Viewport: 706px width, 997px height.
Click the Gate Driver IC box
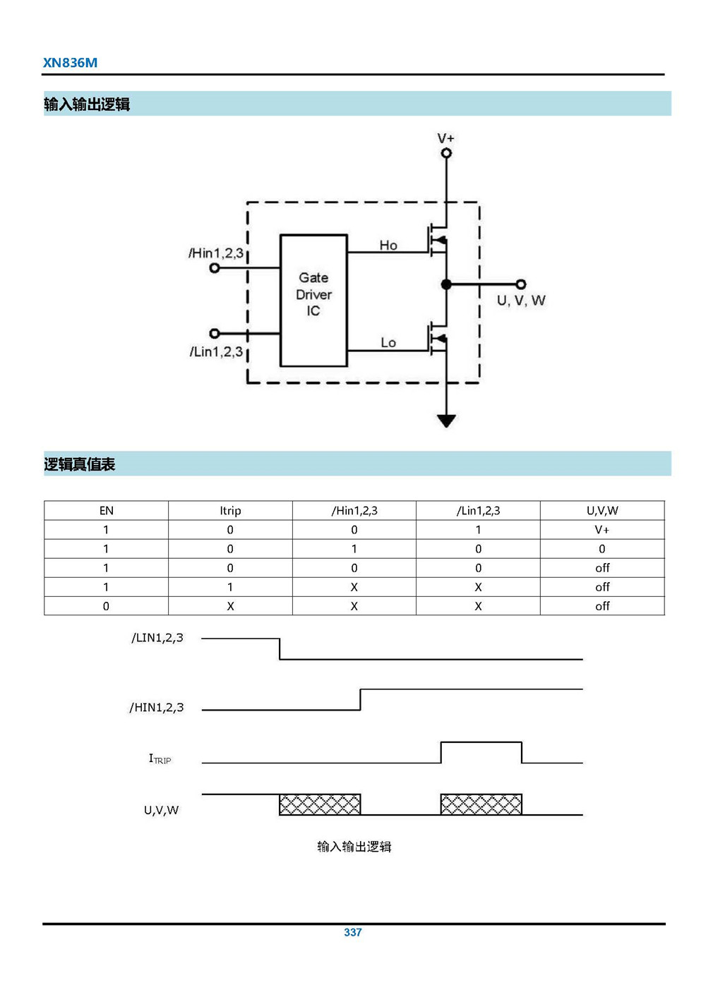click(313, 300)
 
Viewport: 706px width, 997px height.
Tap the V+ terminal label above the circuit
click(445, 138)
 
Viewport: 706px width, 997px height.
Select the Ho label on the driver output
click(388, 245)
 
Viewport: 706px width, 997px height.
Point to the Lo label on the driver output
click(388, 342)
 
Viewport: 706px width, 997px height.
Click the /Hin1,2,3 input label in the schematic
click(216, 253)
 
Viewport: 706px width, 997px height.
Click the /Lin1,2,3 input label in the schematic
click(216, 351)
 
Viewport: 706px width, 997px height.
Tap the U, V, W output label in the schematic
click(521, 301)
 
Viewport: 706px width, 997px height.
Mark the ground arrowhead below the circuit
click(446, 421)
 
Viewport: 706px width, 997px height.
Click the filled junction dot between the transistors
click(446, 284)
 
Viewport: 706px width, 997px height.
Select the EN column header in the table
click(106, 510)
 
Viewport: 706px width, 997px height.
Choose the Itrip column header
click(230, 510)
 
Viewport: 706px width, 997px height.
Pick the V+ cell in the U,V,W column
click(602, 529)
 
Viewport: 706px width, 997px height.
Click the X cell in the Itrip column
click(230, 605)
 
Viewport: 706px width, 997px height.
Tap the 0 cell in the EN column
click(106, 605)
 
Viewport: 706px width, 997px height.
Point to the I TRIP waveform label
click(160, 759)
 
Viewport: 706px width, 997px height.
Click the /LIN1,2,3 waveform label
click(157, 638)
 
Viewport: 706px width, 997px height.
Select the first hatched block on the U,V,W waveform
click(320, 804)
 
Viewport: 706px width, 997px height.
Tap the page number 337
click(353, 932)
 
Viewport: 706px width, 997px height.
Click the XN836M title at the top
click(70, 62)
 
